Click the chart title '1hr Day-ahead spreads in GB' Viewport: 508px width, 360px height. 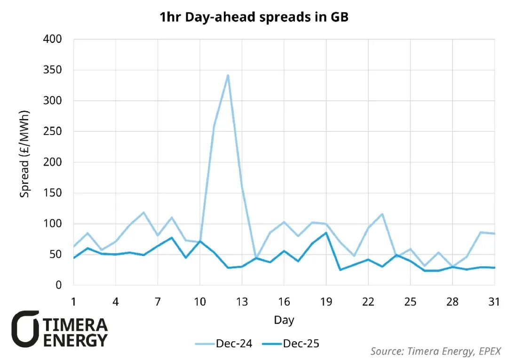pyautogui.click(x=254, y=18)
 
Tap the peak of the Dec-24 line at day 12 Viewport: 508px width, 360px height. pyautogui.click(x=228, y=75)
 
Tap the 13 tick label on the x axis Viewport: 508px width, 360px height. pyautogui.click(x=242, y=302)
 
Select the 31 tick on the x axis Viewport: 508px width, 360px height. pyautogui.click(x=494, y=302)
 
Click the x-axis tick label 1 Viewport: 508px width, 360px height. pyautogui.click(x=74, y=302)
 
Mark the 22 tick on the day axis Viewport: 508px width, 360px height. pyautogui.click(x=368, y=302)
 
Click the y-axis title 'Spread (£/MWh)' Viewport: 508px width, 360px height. pyautogui.click(x=24, y=154)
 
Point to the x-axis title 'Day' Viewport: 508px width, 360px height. pyautogui.click(x=284, y=320)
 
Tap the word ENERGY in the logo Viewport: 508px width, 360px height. pyautogui.click(x=76, y=340)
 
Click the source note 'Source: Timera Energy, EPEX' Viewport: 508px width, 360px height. pyautogui.click(x=436, y=351)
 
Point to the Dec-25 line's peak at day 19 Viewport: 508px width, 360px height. pyautogui.click(x=326, y=232)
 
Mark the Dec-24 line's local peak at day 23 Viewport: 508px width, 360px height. pyautogui.click(x=382, y=214)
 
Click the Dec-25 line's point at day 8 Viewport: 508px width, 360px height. pyautogui.click(x=172, y=238)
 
